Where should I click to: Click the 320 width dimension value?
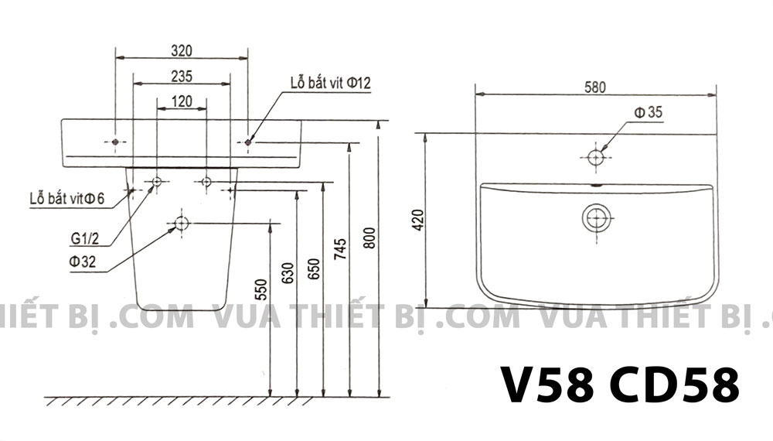(181, 50)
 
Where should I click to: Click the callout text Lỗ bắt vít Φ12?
(331, 84)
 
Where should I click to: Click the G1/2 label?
(82, 239)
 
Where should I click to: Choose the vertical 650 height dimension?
(315, 266)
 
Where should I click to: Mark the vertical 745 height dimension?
(342, 246)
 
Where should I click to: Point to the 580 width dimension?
(594, 87)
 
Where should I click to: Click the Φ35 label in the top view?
(648, 113)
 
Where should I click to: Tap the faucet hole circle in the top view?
(595, 157)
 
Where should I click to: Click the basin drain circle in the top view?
(596, 219)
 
